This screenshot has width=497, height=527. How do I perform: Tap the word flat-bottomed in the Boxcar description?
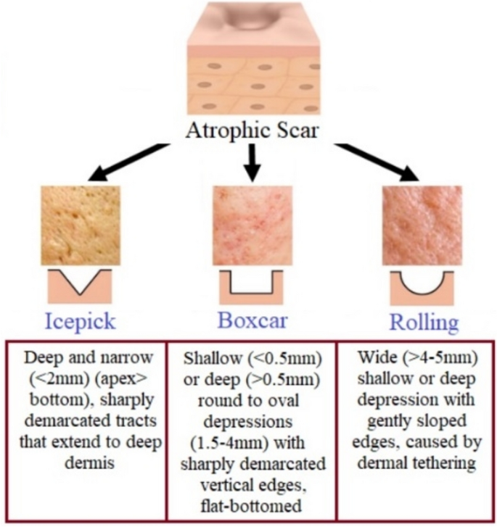[249, 499]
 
